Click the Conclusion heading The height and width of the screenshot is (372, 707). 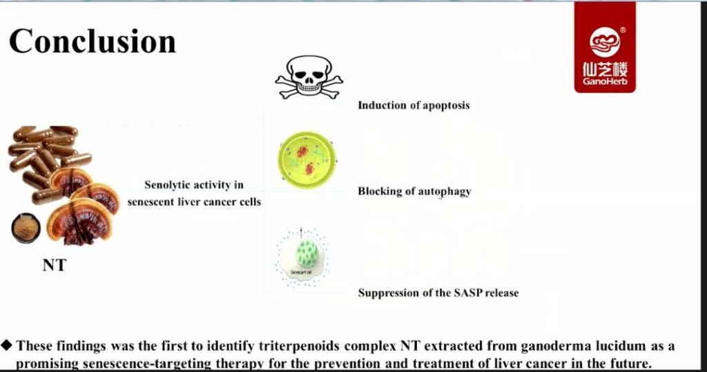tap(93, 41)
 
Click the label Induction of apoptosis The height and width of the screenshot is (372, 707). tap(414, 106)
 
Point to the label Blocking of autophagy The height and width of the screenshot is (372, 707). tap(414, 191)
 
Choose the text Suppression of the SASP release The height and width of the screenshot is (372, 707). tap(438, 293)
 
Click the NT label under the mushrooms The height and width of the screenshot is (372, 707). tap(54, 265)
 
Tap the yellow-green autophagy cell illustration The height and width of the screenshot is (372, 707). tap(304, 158)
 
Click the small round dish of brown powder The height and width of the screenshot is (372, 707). tap(26, 228)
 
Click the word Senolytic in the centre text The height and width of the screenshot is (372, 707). tap(166, 185)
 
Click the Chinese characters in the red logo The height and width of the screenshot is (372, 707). tap(605, 69)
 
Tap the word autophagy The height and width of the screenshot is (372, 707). tap(444, 191)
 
